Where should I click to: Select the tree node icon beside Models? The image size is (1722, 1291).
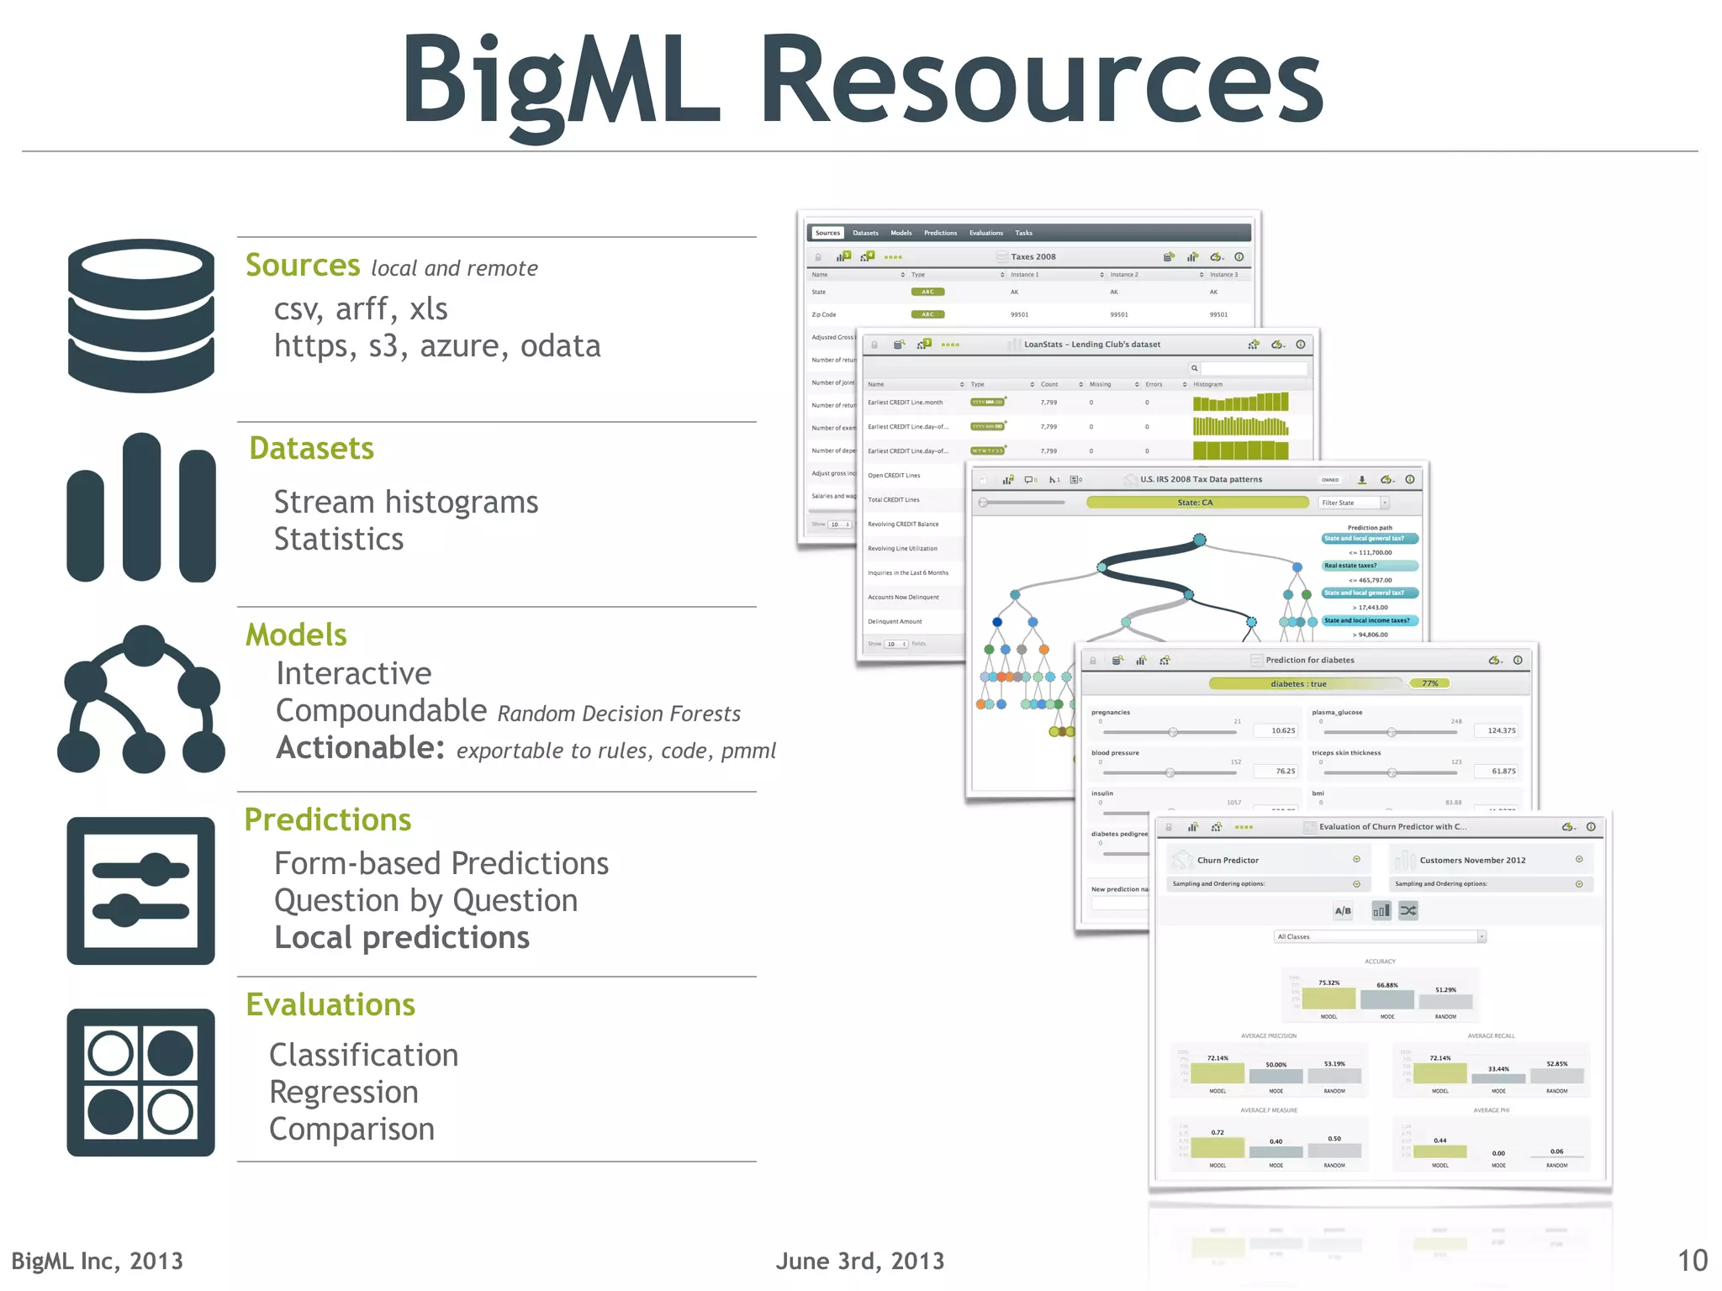click(141, 699)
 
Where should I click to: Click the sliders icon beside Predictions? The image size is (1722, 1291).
click(141, 891)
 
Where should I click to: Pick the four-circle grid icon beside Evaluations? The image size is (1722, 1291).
click(141, 1083)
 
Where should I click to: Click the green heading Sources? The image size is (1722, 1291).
click(303, 266)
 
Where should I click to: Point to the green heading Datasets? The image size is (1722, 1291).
click(312, 449)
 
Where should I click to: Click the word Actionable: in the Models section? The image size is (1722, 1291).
click(360, 748)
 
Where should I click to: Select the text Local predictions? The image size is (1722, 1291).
click(402, 938)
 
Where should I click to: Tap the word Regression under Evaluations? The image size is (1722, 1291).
click(344, 1093)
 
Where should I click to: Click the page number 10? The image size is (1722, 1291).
click(1692, 1261)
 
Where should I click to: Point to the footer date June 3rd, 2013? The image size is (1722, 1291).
click(859, 1261)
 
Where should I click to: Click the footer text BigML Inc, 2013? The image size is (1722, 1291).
click(98, 1261)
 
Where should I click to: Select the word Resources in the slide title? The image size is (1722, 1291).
click(1043, 82)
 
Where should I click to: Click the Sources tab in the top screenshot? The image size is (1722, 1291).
click(827, 233)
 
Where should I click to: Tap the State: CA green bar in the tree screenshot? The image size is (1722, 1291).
click(1196, 503)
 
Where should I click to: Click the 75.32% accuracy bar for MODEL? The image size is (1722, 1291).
click(1328, 998)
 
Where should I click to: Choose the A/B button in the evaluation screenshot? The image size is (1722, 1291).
click(1343, 911)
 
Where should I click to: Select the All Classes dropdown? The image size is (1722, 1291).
click(1380, 936)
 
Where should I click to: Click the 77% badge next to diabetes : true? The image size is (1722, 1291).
click(1429, 683)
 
